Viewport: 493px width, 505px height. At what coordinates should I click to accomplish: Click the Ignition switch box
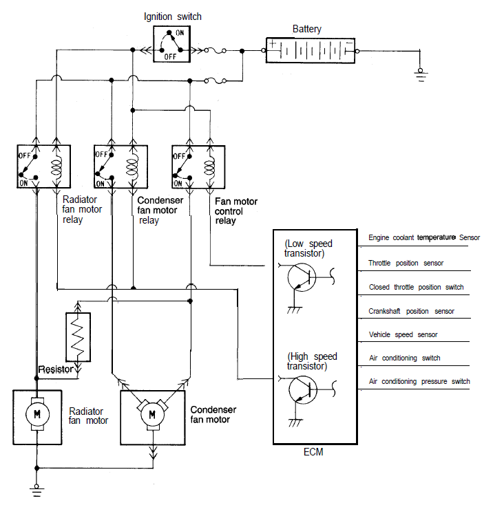pyautogui.click(x=171, y=44)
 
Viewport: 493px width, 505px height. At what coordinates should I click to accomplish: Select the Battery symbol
pyautogui.click(x=311, y=50)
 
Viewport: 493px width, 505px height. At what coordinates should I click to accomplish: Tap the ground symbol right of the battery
pyautogui.click(x=421, y=75)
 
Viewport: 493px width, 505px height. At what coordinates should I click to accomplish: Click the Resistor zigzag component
pyautogui.click(x=78, y=337)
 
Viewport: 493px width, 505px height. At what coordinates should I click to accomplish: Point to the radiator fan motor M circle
pyautogui.click(x=37, y=414)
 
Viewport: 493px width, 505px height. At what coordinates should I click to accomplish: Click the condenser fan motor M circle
pyautogui.click(x=152, y=414)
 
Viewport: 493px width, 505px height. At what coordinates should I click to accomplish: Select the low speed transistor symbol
pyautogui.click(x=302, y=277)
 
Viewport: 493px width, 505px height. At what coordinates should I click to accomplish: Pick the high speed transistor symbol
pyautogui.click(x=303, y=390)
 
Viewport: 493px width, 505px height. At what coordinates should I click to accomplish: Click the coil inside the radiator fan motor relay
pyautogui.click(x=56, y=166)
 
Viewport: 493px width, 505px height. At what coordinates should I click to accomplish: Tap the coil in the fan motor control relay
pyautogui.click(x=210, y=167)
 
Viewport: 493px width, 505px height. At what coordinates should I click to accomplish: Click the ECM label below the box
pyautogui.click(x=313, y=452)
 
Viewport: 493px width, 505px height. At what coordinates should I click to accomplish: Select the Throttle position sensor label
pyautogui.click(x=406, y=263)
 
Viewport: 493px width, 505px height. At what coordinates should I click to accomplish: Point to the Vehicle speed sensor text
pyautogui.click(x=403, y=334)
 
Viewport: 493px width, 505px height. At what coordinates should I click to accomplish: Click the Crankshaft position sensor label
pyautogui.click(x=411, y=311)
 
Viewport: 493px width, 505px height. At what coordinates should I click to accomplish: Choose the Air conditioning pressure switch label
pyautogui.click(x=419, y=381)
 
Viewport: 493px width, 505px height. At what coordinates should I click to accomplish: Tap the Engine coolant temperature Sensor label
pyautogui.click(x=424, y=237)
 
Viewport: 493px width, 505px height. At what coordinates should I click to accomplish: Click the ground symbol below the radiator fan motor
pyautogui.click(x=36, y=490)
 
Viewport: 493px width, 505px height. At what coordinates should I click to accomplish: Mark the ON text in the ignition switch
pyautogui.click(x=180, y=33)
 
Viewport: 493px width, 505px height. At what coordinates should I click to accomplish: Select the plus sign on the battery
pyautogui.click(x=273, y=43)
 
